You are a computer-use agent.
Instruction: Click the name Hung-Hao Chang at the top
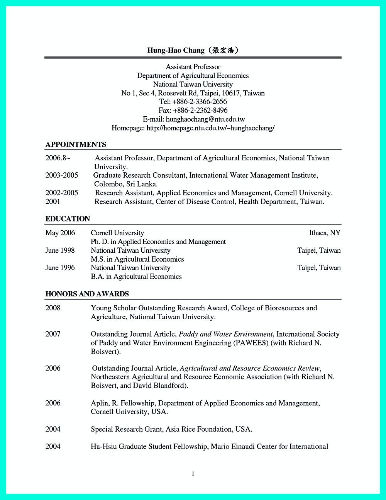coord(176,50)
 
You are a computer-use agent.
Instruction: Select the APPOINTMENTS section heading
coord(76,145)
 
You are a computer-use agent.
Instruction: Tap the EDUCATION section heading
coord(68,219)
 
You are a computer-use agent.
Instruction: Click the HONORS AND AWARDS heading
coord(87,294)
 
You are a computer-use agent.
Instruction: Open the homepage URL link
coord(211,128)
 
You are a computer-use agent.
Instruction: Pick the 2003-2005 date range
coord(62,175)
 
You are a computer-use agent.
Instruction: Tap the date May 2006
coord(60,233)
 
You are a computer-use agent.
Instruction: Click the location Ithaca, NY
coord(325,233)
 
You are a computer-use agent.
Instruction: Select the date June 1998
coord(60,250)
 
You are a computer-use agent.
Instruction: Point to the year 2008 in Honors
coord(53,308)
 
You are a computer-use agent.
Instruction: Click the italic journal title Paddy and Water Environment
coord(226,334)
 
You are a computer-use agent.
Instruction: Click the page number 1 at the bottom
coord(193,474)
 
